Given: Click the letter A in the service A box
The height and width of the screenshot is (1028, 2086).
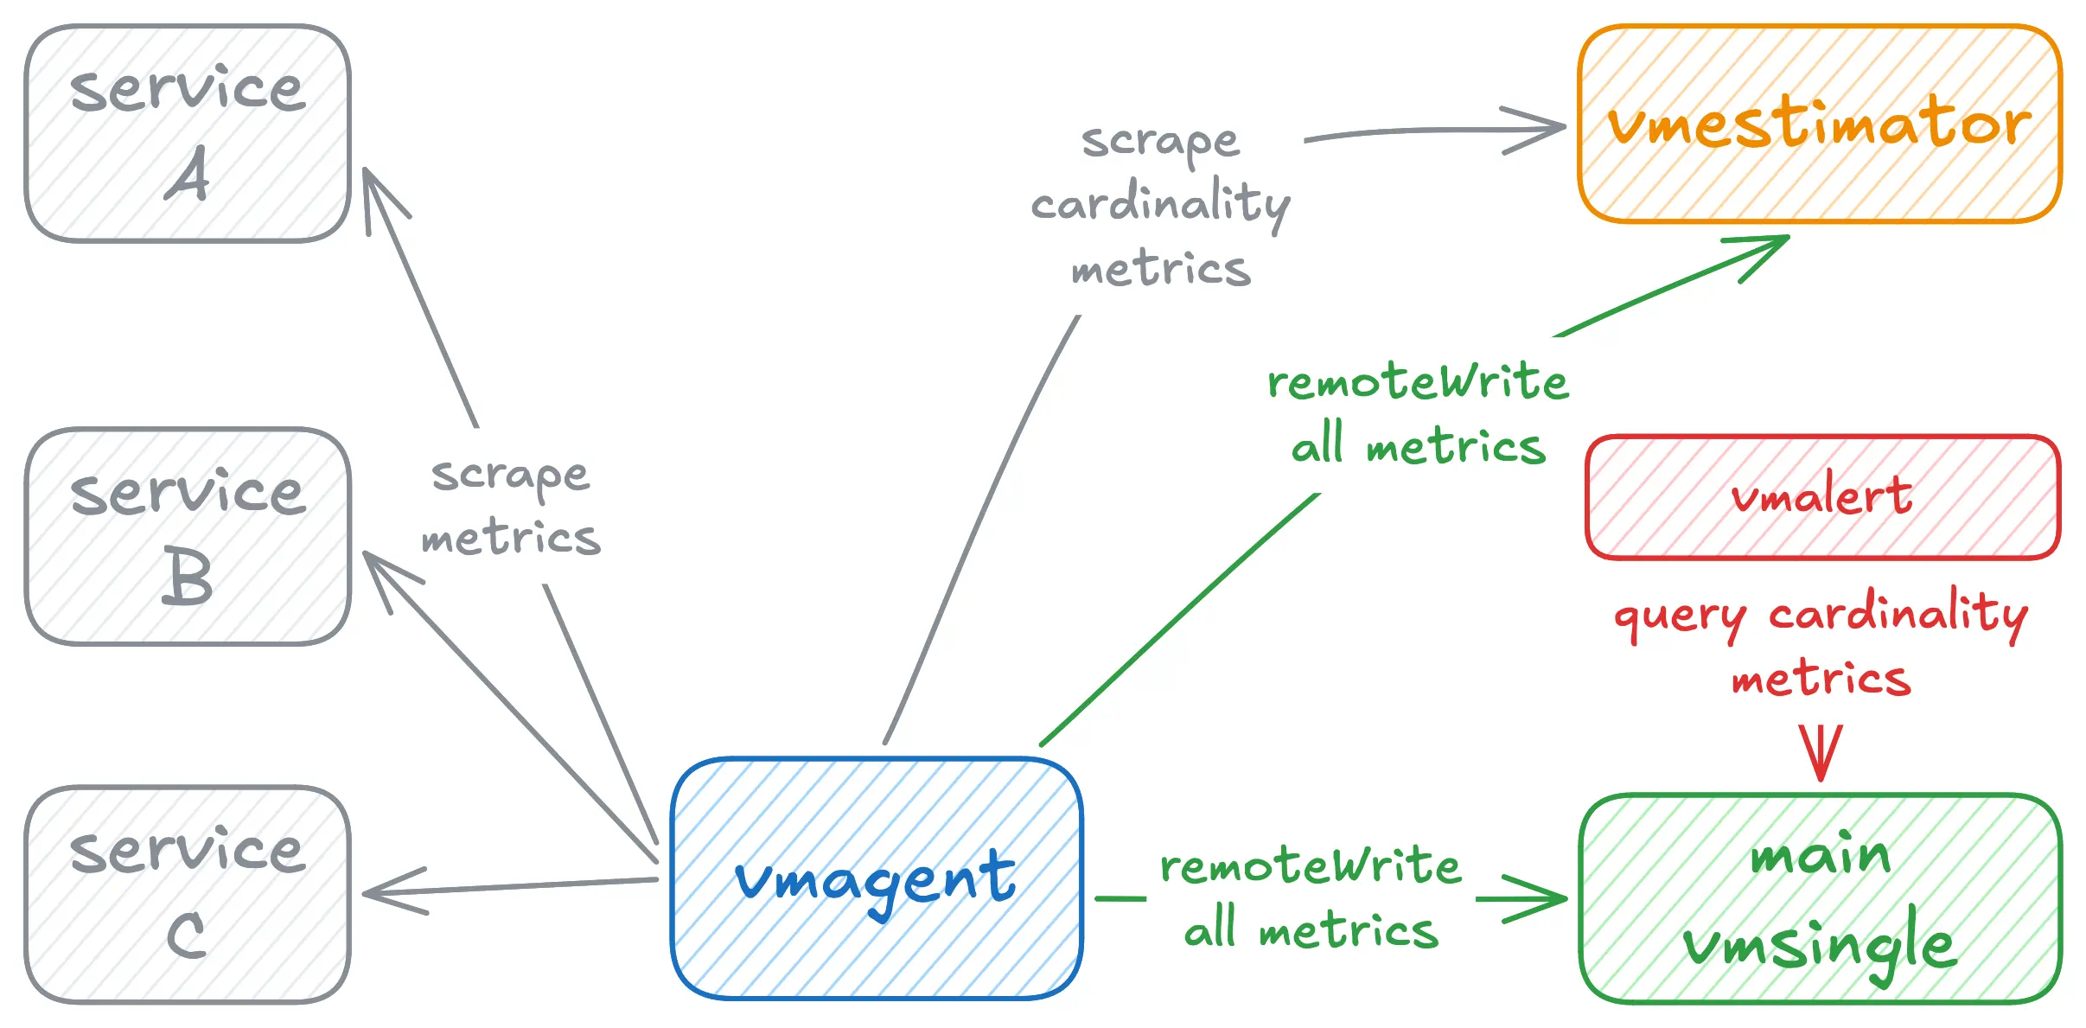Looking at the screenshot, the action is click(x=188, y=173).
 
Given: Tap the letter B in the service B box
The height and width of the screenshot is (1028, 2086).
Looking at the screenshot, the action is click(x=187, y=577).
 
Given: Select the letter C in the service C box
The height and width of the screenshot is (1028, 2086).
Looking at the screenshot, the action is click(x=187, y=935).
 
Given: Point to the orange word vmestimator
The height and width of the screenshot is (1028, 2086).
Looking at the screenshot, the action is click(x=1820, y=122).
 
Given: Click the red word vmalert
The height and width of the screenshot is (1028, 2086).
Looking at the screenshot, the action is click(x=1821, y=495).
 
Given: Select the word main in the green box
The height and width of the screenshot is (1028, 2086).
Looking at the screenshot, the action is click(x=1821, y=854).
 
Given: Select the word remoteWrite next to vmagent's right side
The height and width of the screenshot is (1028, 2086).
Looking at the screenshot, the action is click(x=1311, y=865).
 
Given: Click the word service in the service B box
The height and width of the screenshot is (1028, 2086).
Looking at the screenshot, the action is click(x=188, y=493).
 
